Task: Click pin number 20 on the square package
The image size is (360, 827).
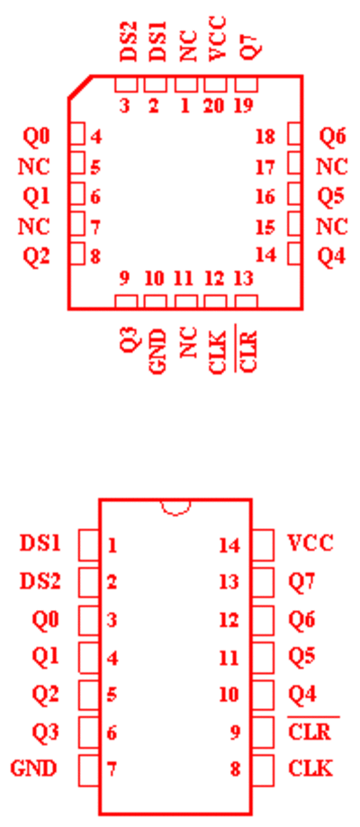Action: [213, 106]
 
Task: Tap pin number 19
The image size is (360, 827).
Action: [243, 106]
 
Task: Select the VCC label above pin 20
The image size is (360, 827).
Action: [217, 39]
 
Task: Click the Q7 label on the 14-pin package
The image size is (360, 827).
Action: [301, 581]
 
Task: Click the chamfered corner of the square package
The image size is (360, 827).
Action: [80, 86]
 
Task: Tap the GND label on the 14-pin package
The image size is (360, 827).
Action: [33, 769]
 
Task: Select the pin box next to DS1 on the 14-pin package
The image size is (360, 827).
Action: [89, 544]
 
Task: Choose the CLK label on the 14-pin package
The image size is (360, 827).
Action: [310, 769]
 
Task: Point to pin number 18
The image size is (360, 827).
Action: [265, 137]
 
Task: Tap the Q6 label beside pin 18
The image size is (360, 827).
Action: [333, 137]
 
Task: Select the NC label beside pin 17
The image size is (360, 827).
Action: [332, 166]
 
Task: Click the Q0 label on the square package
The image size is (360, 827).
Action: [36, 137]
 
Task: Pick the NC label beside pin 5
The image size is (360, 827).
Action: [34, 166]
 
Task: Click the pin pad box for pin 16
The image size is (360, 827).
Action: [294, 193]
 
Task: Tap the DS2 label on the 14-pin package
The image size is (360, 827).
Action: [40, 581]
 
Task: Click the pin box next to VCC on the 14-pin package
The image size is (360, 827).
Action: [263, 544]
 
